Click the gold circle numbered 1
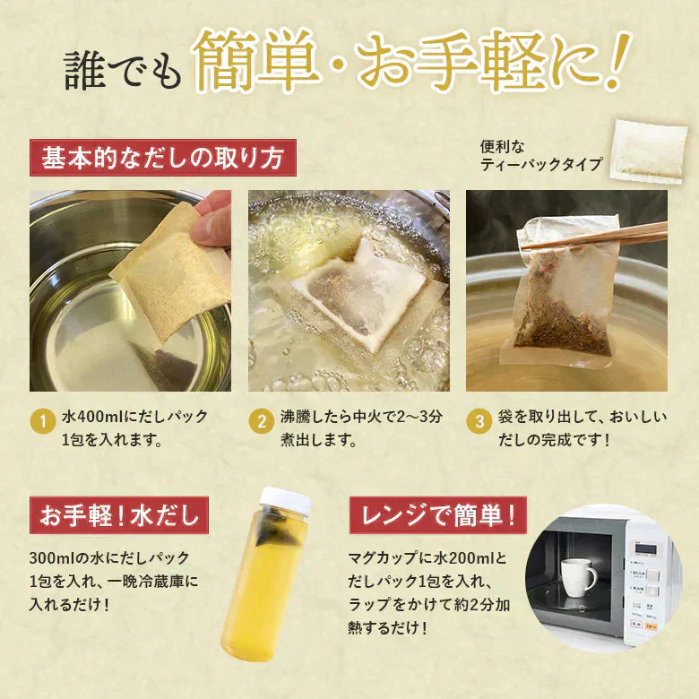tap(43, 421)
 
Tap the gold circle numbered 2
tap(262, 421)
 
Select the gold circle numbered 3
tap(479, 421)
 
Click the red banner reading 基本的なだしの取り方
tap(163, 158)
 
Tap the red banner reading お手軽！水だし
tap(119, 515)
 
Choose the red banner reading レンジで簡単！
tap(437, 515)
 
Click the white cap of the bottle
tap(285, 500)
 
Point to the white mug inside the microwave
tap(578, 577)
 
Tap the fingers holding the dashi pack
tap(213, 223)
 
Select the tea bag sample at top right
tap(649, 152)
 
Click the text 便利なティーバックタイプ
tap(541, 156)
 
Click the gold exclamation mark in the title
tap(617, 60)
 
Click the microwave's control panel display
tap(645, 548)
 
